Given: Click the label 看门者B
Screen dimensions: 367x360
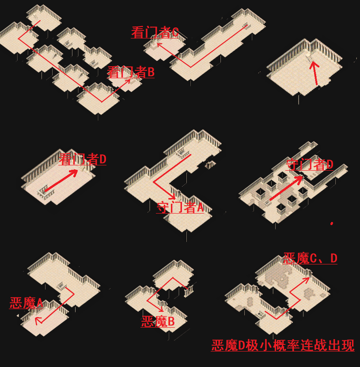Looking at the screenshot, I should [131, 72].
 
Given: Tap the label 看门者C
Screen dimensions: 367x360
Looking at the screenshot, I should [155, 32].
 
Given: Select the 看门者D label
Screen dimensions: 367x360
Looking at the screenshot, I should [83, 159].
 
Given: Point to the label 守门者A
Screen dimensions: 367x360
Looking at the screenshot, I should [180, 207].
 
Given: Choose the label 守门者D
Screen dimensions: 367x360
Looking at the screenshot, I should [309, 164].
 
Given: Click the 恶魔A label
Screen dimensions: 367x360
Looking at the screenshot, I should [26, 303].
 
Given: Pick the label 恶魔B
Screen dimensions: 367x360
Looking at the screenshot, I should [158, 321].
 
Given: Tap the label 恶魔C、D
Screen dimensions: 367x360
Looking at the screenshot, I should [310, 258].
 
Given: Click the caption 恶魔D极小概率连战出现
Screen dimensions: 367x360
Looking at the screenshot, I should [283, 345].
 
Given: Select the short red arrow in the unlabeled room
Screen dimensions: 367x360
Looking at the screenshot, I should [315, 73].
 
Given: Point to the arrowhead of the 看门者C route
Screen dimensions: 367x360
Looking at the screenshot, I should [158, 44].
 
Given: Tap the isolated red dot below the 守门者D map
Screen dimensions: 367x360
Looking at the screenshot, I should [332, 223].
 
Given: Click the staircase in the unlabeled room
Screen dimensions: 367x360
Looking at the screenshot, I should [310, 56].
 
